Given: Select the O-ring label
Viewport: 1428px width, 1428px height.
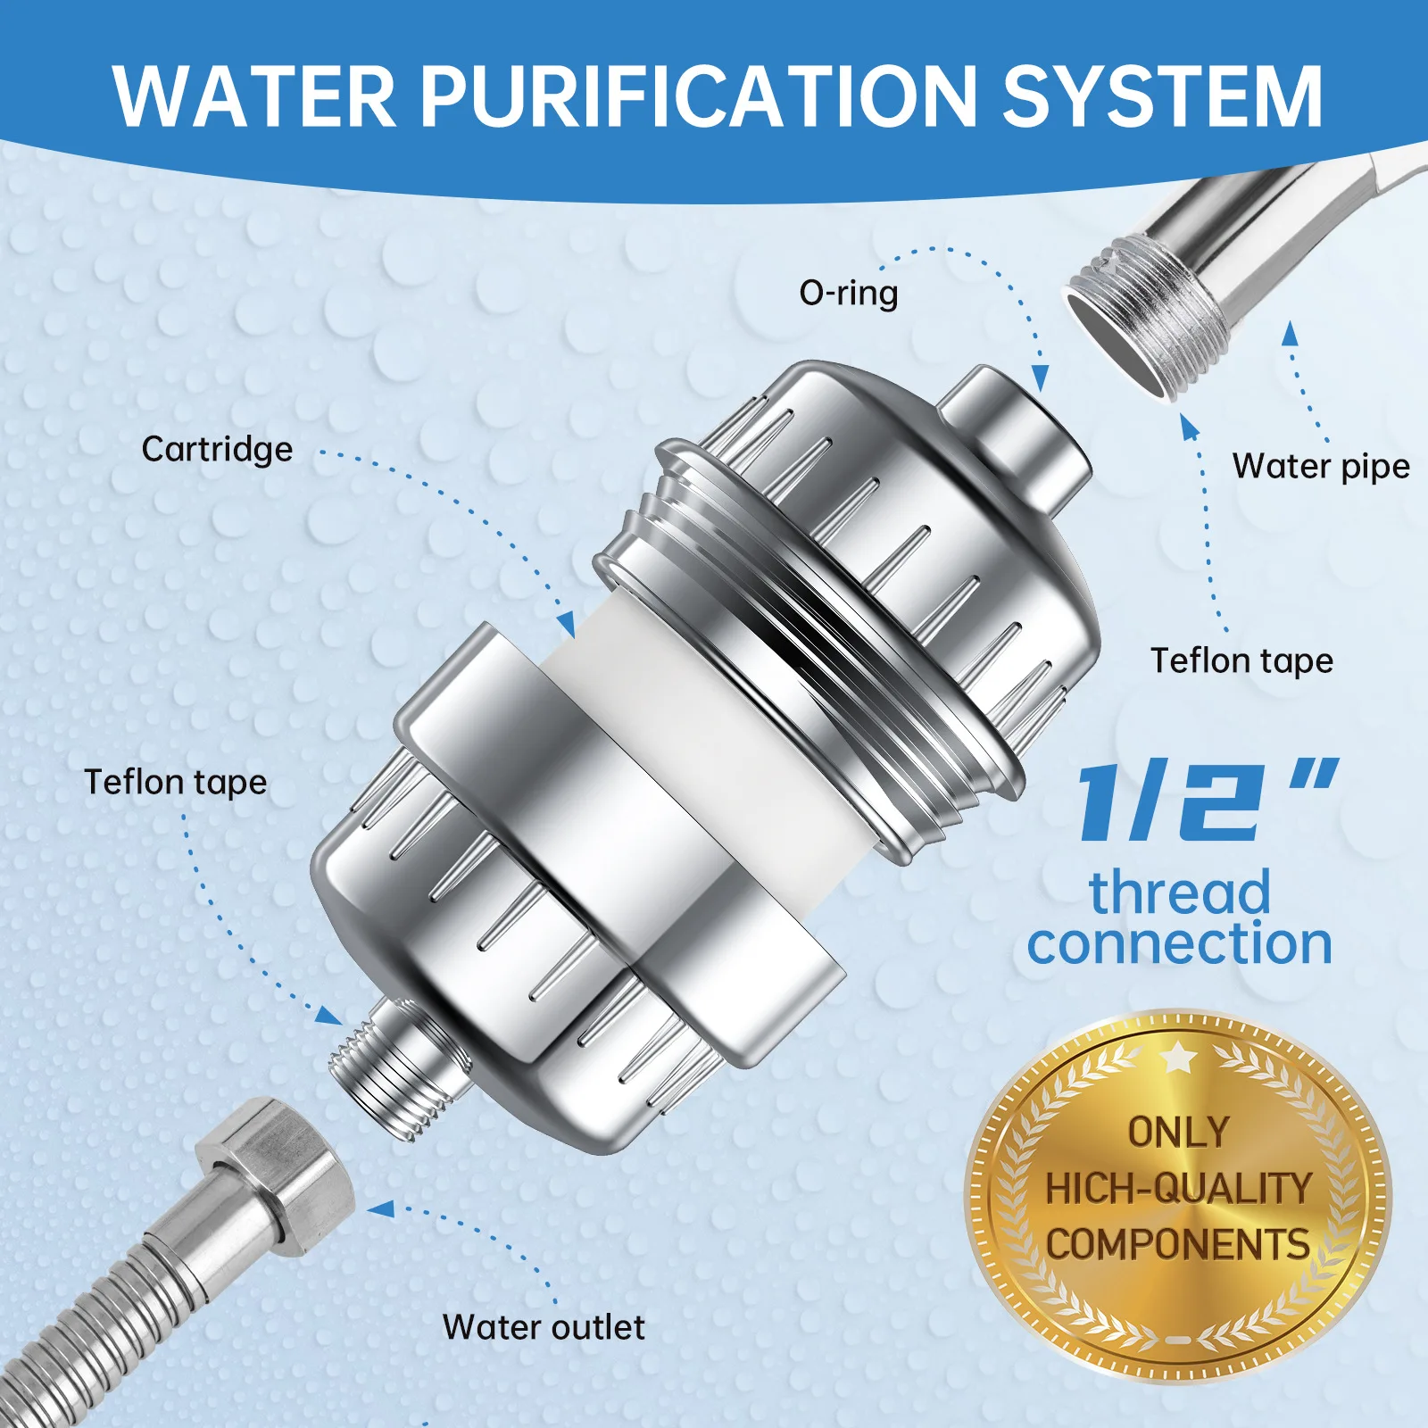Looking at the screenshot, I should tap(848, 293).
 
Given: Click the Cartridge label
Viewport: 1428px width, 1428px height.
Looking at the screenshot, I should tap(217, 449).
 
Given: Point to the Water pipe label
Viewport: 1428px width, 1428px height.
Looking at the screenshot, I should tap(1320, 466).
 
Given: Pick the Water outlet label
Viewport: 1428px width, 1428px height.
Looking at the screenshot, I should tap(543, 1327).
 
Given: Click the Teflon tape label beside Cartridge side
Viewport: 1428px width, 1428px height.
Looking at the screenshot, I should tap(176, 782).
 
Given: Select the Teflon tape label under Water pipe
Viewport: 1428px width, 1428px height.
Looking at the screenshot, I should tap(1241, 660).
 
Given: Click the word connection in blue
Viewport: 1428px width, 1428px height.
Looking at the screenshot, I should tap(1179, 943).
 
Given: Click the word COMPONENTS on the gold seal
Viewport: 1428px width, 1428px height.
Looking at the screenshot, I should tap(1178, 1244).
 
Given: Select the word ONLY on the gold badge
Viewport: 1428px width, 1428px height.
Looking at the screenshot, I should tap(1178, 1133).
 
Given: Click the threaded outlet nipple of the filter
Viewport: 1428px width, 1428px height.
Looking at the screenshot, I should tap(393, 1071).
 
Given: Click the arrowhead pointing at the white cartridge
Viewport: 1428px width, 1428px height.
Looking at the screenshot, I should tap(565, 624).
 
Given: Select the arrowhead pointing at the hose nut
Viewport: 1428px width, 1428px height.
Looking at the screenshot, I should tap(381, 1209).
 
